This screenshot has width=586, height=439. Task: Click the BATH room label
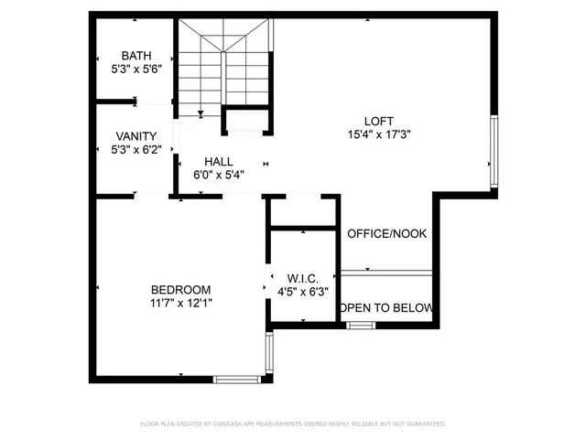pyautogui.click(x=136, y=54)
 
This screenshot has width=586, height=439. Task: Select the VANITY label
pyautogui.click(x=136, y=135)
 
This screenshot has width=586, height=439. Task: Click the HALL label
pyautogui.click(x=219, y=161)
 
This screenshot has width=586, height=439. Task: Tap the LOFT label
pyautogui.click(x=379, y=120)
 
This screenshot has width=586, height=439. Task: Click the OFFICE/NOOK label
pyautogui.click(x=387, y=234)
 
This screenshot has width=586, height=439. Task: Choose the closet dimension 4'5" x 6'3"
pyautogui.click(x=302, y=293)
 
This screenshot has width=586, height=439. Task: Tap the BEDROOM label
pyautogui.click(x=181, y=289)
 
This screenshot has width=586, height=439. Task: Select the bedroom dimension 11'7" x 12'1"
pyautogui.click(x=181, y=303)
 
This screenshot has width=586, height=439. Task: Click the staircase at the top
pyautogui.click(x=225, y=69)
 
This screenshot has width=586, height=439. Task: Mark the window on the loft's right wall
pyautogui.click(x=495, y=150)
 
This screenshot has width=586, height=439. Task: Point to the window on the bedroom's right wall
pyautogui.click(x=268, y=353)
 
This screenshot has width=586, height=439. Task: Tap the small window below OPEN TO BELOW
pyautogui.click(x=361, y=325)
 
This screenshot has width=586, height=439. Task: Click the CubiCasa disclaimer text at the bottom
pyautogui.click(x=293, y=424)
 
